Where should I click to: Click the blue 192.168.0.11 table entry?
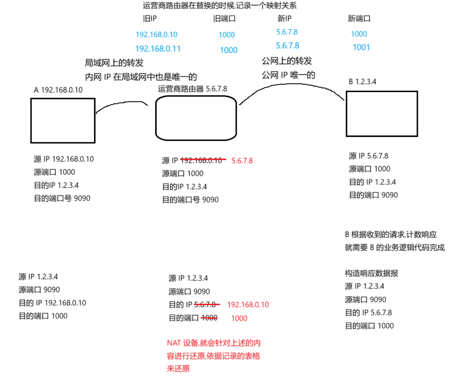pos(158,49)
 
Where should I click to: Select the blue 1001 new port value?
pos(361,48)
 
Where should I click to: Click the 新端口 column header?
pos(359,19)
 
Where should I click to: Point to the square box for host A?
pos(62,121)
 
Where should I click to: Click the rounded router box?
pos(196,117)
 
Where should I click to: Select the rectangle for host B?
pos(382,113)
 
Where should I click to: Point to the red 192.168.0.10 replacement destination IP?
pos(248,305)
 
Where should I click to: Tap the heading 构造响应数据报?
pos(371,274)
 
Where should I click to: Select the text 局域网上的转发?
pos(114,63)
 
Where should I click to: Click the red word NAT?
pos(174,343)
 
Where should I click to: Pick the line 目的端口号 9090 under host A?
pos(62,198)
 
